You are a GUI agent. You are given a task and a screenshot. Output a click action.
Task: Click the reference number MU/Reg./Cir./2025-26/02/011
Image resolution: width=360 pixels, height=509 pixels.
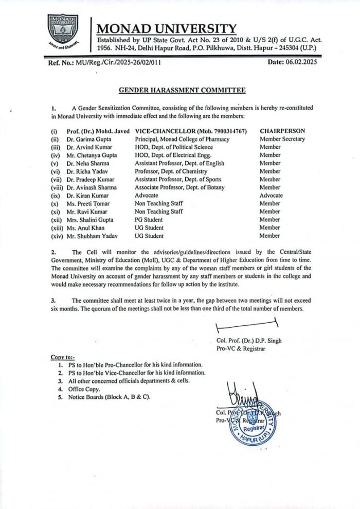point(121,63)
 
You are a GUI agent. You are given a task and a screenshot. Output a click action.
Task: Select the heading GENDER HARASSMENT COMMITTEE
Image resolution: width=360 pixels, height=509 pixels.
point(182,90)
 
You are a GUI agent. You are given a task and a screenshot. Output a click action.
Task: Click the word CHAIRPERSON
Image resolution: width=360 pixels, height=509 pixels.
point(282,131)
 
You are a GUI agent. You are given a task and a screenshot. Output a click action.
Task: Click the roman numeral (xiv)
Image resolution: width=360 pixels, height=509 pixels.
point(57,236)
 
